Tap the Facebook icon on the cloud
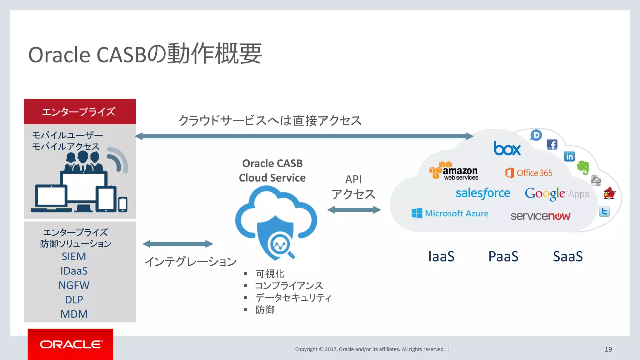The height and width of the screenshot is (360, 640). [552, 144]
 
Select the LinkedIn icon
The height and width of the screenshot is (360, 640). [569, 156]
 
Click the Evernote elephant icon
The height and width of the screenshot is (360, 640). [583, 167]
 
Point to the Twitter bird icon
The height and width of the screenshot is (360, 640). [604, 212]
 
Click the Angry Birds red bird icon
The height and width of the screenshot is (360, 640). [609, 193]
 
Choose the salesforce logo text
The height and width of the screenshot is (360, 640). [483, 193]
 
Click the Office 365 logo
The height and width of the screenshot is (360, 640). [529, 173]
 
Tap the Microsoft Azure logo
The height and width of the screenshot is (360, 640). [450, 213]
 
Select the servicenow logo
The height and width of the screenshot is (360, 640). [540, 216]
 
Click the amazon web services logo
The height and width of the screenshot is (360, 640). [454, 171]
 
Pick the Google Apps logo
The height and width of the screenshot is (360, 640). [557, 194]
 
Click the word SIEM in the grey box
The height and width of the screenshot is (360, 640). [74, 257]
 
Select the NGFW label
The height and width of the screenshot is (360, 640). [74, 285]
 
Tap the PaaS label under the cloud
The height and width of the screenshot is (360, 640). [503, 257]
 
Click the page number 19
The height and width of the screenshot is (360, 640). [608, 349]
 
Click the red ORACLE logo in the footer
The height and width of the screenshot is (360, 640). [71, 344]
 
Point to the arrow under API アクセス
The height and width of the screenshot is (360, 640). [354, 210]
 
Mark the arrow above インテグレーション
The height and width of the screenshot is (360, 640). [178, 244]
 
